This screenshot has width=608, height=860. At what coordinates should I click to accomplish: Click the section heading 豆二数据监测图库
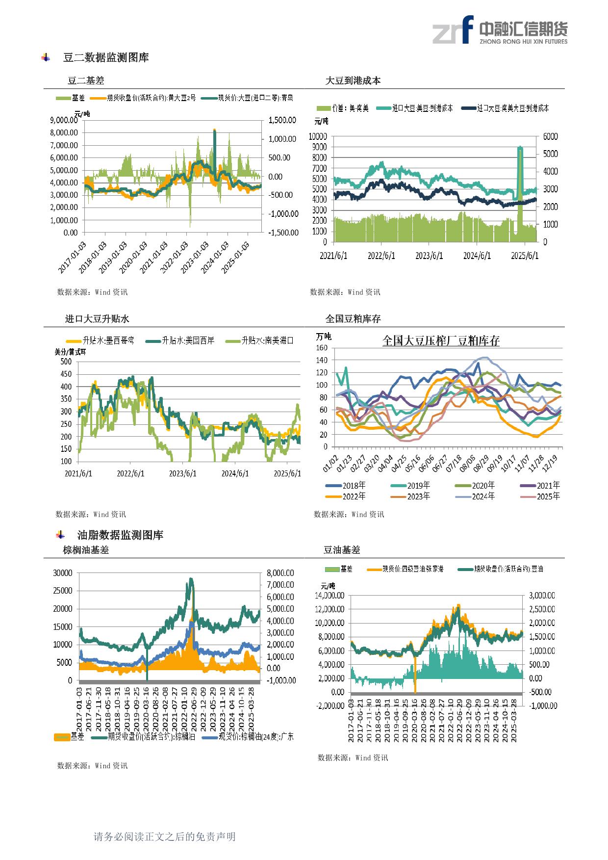[x=106, y=57]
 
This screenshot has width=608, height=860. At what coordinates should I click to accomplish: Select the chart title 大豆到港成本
[x=353, y=81]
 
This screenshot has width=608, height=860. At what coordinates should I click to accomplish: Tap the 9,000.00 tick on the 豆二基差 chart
[x=64, y=120]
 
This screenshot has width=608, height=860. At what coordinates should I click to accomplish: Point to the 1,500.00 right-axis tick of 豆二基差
[x=282, y=120]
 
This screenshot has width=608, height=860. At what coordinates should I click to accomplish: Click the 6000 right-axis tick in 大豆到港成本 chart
[x=551, y=136]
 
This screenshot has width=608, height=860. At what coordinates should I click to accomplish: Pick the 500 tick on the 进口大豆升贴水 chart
[x=66, y=362]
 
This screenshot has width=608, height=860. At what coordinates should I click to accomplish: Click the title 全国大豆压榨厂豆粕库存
[x=440, y=340]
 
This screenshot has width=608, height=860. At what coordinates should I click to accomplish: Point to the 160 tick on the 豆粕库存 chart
[x=322, y=348]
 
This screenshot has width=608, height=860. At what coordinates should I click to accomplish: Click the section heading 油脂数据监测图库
[x=120, y=535]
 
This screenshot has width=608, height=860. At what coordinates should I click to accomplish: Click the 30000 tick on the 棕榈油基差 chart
[x=63, y=573]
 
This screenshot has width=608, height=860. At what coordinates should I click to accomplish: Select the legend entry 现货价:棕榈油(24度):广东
[x=256, y=736]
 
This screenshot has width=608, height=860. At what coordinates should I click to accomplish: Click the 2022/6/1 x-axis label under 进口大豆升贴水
[x=131, y=473]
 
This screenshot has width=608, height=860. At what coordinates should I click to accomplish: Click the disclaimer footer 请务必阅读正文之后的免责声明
[x=164, y=836]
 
